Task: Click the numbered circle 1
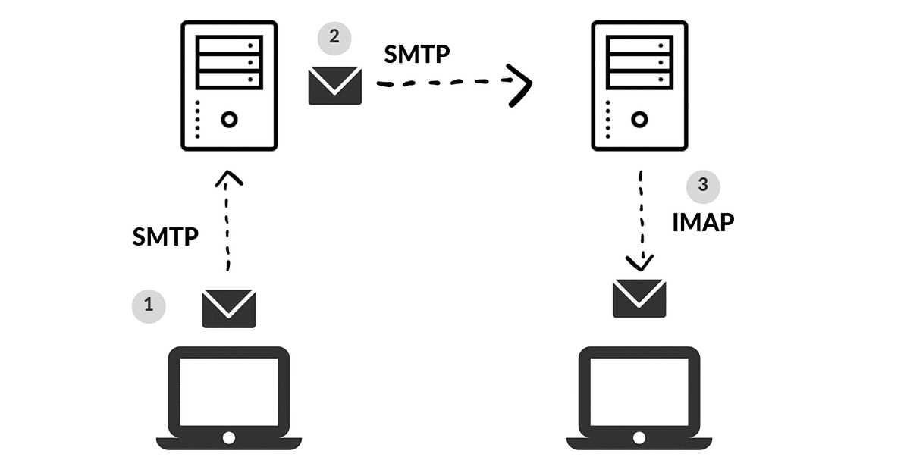point(149,305)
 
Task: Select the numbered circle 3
point(702,186)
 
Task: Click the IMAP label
point(703,222)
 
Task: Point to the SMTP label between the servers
point(417,55)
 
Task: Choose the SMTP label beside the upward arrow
point(165,237)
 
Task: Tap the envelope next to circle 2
point(335,85)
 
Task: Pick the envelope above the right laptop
point(639,298)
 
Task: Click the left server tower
point(229,85)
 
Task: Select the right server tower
point(639,85)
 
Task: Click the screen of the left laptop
point(228,391)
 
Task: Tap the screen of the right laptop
point(639,391)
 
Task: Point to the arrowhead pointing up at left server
point(229,179)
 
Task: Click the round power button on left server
point(229,119)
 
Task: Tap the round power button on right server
point(640,119)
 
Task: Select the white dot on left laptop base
point(228,438)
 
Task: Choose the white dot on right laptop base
point(639,438)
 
